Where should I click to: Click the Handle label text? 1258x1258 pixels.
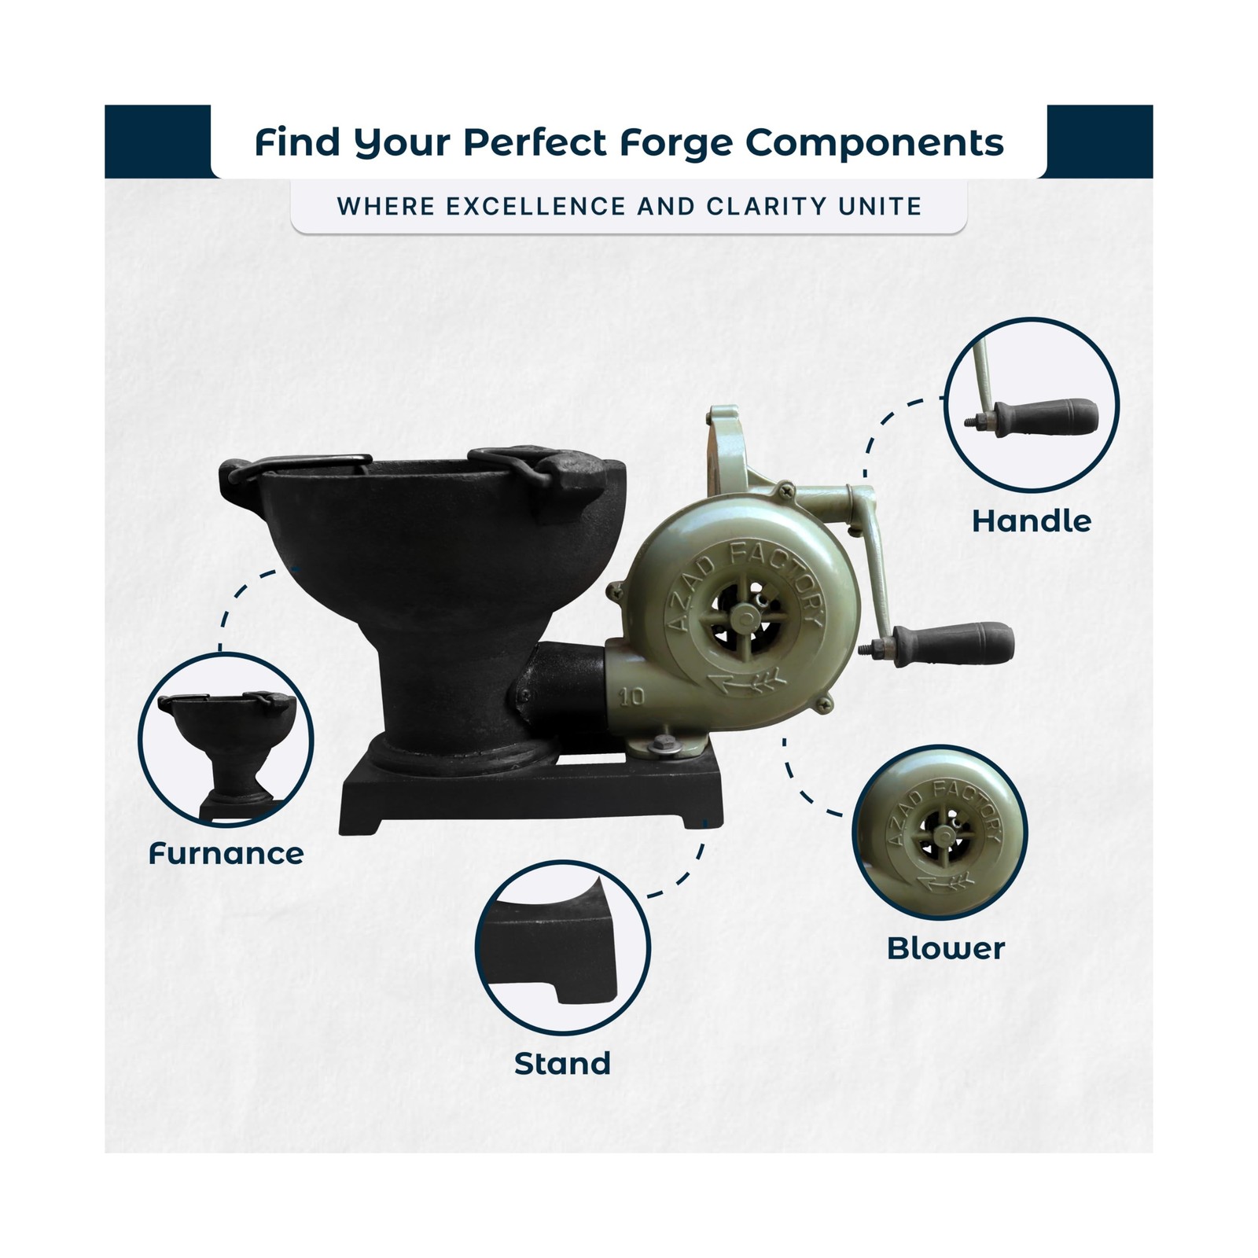click(1032, 521)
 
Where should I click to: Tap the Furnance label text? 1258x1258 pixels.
click(226, 854)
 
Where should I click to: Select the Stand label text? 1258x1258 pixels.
click(562, 1064)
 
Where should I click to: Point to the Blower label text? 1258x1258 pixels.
click(946, 948)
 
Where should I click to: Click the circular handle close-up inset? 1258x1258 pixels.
click(1031, 405)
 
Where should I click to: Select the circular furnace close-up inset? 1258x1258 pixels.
click(226, 739)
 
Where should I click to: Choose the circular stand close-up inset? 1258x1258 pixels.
click(563, 947)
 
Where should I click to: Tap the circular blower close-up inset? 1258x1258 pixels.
click(940, 833)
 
